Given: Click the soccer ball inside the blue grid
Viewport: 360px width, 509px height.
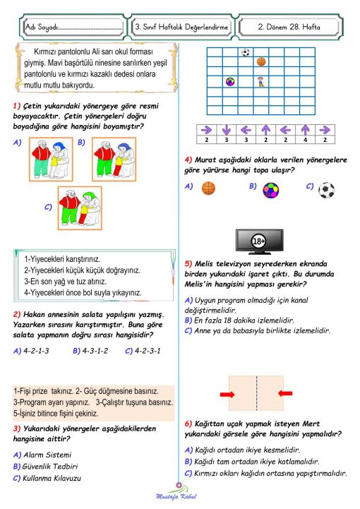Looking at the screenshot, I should point(245,52).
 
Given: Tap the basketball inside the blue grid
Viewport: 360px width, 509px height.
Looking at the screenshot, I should point(261,62).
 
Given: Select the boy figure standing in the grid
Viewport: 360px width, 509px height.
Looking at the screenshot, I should point(261,82).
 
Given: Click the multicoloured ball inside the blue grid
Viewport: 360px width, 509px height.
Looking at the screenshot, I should point(229,82).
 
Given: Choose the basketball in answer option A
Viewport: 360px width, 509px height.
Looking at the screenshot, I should point(208,188).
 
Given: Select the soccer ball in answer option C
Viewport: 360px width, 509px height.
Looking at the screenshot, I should point(325,189).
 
